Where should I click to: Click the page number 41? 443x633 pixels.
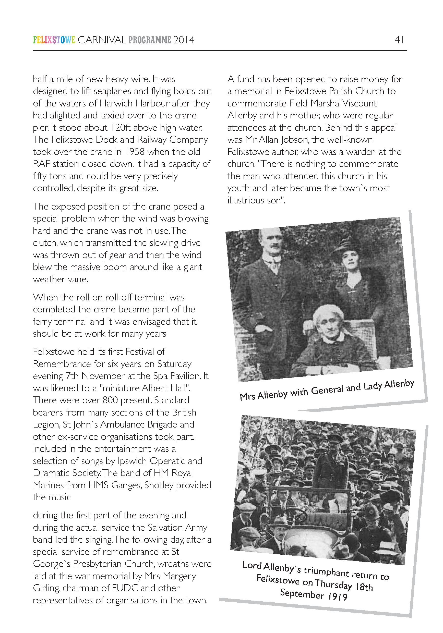click(x=399, y=40)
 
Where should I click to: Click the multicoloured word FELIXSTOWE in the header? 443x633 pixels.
click(x=54, y=40)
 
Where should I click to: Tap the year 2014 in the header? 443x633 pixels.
click(x=184, y=40)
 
